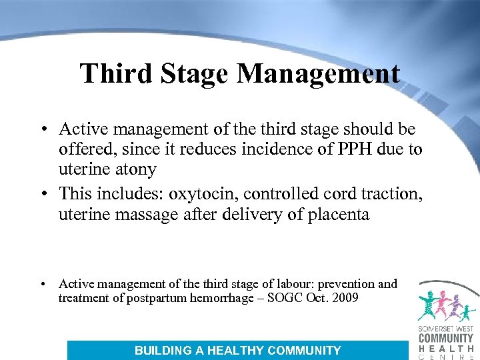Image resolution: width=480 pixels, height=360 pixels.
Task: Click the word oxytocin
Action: pyautogui.click(x=206, y=193)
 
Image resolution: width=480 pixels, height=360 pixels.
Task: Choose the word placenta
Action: pyautogui.click(x=336, y=214)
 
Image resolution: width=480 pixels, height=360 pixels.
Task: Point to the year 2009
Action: pyautogui.click(x=343, y=298)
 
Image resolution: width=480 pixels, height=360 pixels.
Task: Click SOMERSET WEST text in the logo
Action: pyautogui.click(x=445, y=329)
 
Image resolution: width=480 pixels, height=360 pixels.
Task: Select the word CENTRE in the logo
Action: pyautogui.click(x=445, y=357)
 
